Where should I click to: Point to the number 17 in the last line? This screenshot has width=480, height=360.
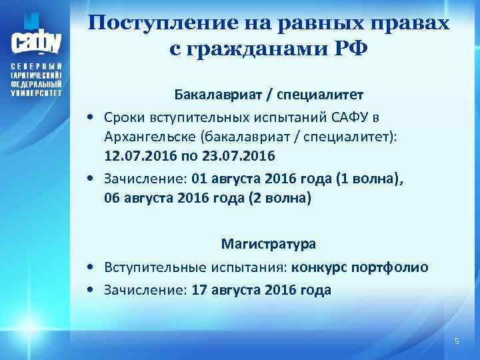(199, 290)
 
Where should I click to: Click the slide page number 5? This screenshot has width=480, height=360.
(456, 341)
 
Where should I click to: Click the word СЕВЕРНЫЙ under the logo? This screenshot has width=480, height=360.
(36, 68)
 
